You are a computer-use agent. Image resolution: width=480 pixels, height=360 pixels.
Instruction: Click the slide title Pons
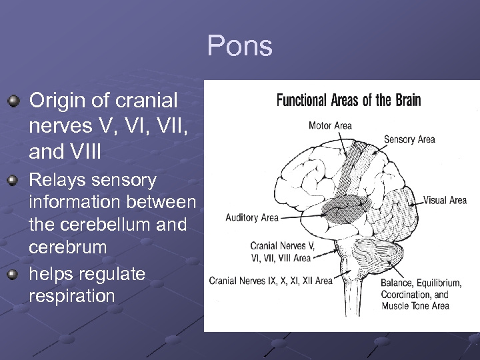pos(239,46)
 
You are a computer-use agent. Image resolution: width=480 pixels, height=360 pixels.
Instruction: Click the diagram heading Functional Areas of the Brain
pos(348,101)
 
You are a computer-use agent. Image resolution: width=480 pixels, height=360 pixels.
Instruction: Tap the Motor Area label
pos(330,125)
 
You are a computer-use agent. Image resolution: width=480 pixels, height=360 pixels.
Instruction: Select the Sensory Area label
pos(409,139)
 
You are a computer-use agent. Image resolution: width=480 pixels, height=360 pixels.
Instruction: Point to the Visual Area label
pos(445,200)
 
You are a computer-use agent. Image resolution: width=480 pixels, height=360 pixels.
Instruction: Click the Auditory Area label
pos(252,217)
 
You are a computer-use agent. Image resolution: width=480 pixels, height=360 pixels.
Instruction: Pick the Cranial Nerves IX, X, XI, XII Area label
pos(270,281)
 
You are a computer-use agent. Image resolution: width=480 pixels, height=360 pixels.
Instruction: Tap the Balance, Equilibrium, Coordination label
pos(415,294)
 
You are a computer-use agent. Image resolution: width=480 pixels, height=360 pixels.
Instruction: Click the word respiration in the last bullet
pos(72,295)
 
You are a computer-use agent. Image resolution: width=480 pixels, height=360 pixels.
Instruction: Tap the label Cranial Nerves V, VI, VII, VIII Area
pos(282,251)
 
